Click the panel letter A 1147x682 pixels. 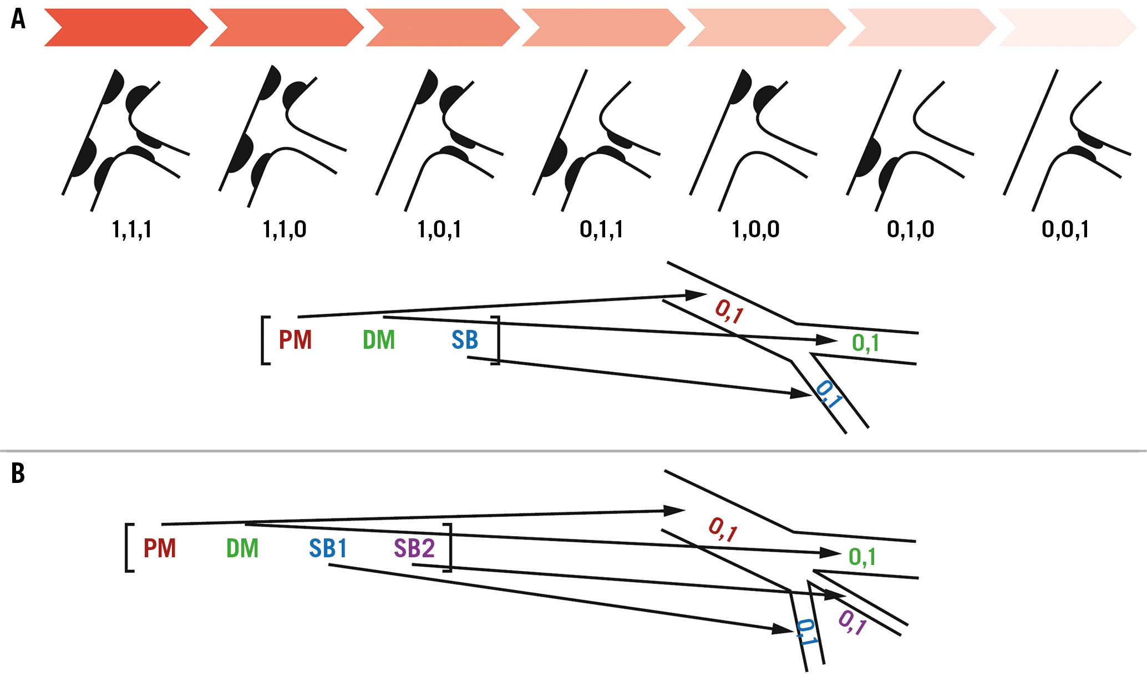tap(18, 19)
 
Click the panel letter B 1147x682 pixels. tap(18, 474)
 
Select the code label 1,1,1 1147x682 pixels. tap(132, 229)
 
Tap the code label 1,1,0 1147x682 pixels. tap(284, 229)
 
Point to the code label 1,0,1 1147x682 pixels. tap(439, 229)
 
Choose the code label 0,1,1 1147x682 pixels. tap(601, 229)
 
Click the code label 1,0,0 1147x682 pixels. tap(756, 229)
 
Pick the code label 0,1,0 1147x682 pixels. tap(911, 229)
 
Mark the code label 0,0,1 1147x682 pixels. tap(1065, 229)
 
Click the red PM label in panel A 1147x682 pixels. tap(295, 340)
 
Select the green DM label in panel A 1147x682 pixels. tap(379, 340)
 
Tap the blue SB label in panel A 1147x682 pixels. tap(465, 340)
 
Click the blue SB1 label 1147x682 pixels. tap(328, 548)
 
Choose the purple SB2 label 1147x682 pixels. tap(414, 548)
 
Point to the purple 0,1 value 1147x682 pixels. tap(852, 623)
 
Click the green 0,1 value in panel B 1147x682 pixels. tap(862, 557)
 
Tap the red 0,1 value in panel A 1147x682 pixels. tap(729, 311)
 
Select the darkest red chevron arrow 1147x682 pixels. tap(125, 27)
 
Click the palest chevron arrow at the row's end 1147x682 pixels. tap(1067, 27)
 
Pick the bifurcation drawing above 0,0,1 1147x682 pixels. tap(1067, 140)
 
